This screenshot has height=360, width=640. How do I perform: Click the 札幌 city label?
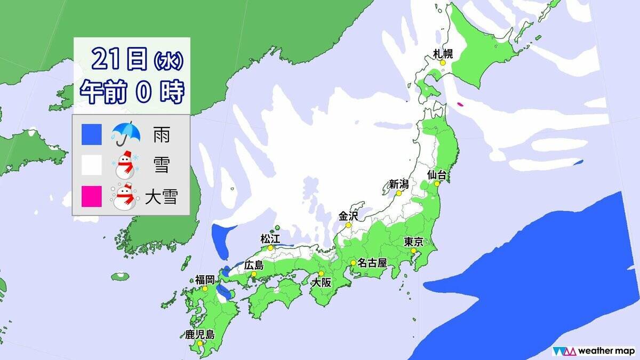(443, 53)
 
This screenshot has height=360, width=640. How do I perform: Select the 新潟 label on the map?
(398, 185)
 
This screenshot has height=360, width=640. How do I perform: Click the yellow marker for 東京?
(413, 251)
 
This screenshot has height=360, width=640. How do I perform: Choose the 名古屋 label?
(372, 263)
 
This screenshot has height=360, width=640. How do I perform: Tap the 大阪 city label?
(322, 283)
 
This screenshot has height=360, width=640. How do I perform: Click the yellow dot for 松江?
(271, 247)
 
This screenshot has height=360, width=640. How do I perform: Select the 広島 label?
(254, 265)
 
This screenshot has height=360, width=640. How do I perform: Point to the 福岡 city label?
(205, 279)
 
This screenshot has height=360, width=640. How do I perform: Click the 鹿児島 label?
(199, 335)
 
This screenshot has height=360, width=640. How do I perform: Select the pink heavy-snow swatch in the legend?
(91, 196)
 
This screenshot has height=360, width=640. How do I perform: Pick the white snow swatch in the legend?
(91, 166)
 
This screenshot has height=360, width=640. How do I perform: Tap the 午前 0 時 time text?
(132, 92)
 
